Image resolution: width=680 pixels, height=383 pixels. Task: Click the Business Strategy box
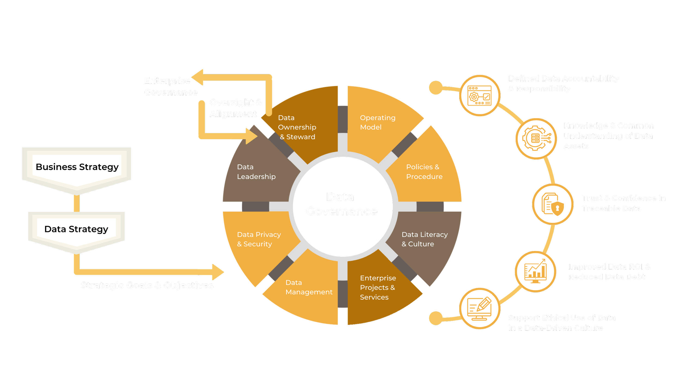pyautogui.click(x=77, y=167)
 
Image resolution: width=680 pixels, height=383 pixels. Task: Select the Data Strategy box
pyautogui.click(x=76, y=229)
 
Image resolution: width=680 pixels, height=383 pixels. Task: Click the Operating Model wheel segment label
pyautogui.click(x=378, y=122)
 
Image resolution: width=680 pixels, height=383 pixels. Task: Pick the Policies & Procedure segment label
pyautogui.click(x=424, y=172)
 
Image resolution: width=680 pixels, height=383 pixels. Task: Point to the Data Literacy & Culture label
pyautogui.click(x=424, y=239)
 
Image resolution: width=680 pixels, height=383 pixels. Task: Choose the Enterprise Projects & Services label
pyautogui.click(x=378, y=287)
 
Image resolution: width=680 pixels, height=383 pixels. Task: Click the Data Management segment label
pyautogui.click(x=309, y=287)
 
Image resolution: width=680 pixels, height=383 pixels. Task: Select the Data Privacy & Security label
pyautogui.click(x=259, y=239)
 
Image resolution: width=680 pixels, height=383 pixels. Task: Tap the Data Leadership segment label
pyautogui.click(x=256, y=172)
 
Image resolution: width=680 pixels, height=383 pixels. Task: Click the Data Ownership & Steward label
pyautogui.click(x=297, y=127)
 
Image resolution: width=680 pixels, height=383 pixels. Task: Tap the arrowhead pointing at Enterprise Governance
pyautogui.click(x=197, y=77)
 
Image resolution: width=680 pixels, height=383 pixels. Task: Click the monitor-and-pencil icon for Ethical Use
pyautogui.click(x=480, y=308)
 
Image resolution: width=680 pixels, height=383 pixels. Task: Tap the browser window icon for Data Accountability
pyautogui.click(x=480, y=96)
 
